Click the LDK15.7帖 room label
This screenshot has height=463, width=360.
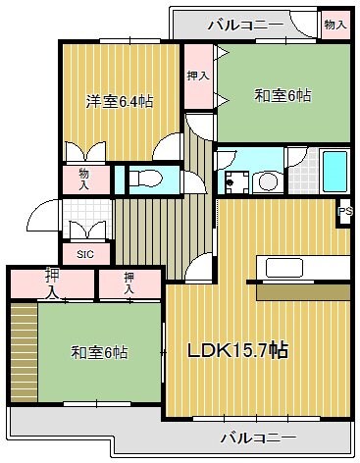[239, 350]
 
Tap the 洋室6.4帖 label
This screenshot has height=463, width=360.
[118, 100]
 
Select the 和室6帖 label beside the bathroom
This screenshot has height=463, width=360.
[283, 96]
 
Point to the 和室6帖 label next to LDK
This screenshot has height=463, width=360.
[98, 352]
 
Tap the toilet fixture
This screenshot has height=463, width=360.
[148, 179]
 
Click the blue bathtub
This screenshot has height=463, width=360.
[334, 172]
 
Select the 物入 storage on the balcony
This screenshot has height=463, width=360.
[335, 23]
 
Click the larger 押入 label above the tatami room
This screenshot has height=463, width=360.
[51, 283]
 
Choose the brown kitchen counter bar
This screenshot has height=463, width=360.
[302, 292]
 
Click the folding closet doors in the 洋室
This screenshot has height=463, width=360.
[84, 151]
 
